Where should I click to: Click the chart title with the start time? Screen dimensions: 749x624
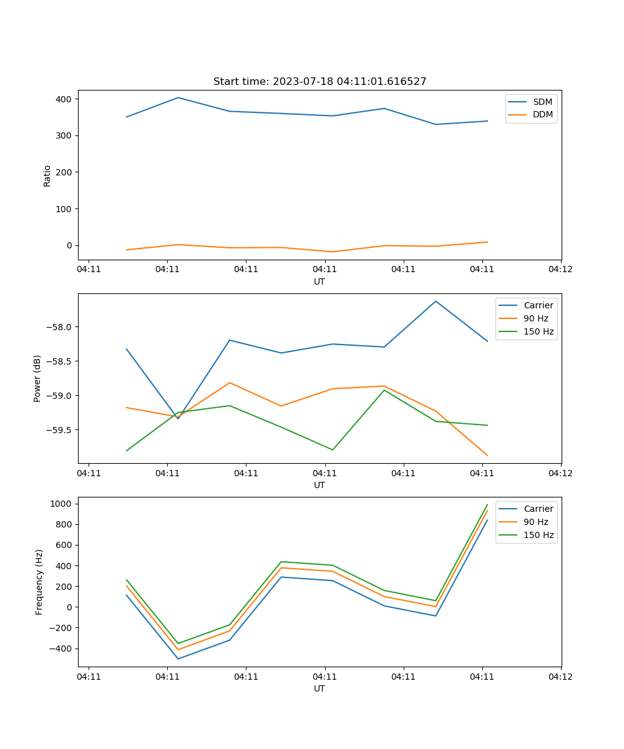[x=319, y=82]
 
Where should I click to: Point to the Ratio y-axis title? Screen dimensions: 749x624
[x=47, y=175]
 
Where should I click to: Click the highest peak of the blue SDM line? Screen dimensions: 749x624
[x=178, y=97]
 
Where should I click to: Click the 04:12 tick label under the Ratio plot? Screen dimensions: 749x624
[x=560, y=270]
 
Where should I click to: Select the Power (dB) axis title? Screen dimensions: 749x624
[x=37, y=378]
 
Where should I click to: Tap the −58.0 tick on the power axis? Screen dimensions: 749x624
[x=60, y=327]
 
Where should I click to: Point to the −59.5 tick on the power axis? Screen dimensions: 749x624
[x=60, y=430]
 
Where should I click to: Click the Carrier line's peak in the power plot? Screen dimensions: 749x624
[x=436, y=301]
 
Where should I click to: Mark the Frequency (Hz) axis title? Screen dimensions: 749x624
[x=39, y=582]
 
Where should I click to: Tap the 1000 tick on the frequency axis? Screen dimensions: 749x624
[x=61, y=504]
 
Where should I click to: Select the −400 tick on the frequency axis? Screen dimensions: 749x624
[x=60, y=649]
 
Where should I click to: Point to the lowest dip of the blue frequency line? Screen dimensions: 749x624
[x=178, y=658]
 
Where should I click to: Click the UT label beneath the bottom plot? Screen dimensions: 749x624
[x=319, y=688]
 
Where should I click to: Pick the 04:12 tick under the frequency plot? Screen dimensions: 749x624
[x=560, y=677]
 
